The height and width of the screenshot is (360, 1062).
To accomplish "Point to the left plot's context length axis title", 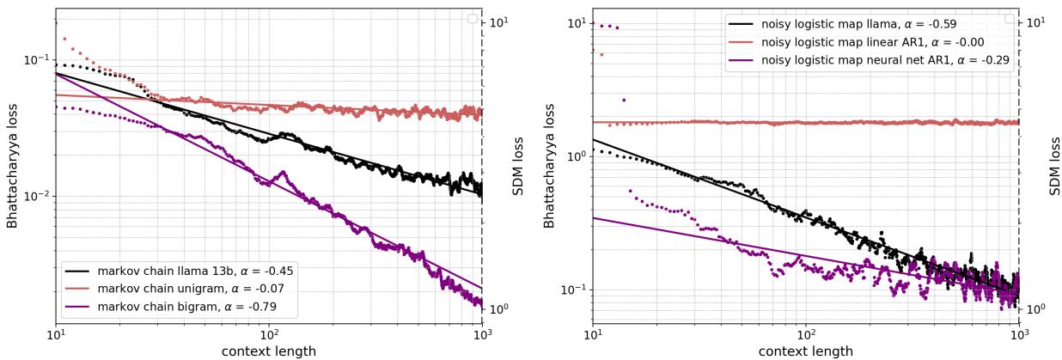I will [x=269, y=351].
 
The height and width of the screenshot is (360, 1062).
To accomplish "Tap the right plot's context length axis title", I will [x=805, y=351].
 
